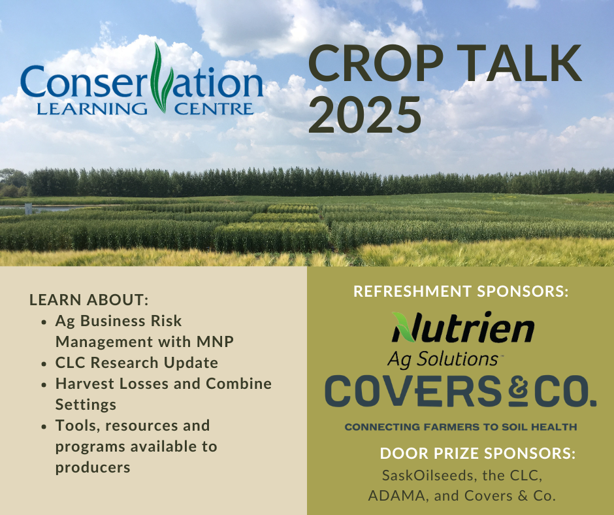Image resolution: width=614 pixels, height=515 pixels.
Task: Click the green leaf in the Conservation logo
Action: pos(162,78)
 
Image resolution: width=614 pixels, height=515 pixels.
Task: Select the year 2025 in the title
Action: pos(365,114)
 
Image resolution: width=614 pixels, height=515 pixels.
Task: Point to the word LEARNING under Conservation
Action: pos(92,108)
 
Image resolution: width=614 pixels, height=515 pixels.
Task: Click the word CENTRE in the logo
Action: pos(214,108)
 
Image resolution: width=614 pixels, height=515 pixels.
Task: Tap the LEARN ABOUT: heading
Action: pos(89,300)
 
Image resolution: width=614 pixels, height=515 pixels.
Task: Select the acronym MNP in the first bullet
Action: pos(215,342)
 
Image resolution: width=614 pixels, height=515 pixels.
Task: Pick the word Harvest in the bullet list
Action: pos(85,384)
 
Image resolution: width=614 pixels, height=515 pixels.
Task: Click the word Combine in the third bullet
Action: pos(238,384)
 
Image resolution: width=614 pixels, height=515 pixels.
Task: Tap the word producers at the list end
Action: pos(93,468)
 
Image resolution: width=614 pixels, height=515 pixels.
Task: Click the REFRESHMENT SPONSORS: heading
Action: pos(461,291)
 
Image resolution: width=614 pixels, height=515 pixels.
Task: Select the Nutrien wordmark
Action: pos(463,327)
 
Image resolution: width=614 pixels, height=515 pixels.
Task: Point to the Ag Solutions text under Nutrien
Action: pos(442,359)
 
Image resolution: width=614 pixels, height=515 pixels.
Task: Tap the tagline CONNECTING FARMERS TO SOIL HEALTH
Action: pos(461,427)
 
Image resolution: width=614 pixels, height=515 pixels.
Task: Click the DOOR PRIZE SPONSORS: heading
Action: pos(477,454)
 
